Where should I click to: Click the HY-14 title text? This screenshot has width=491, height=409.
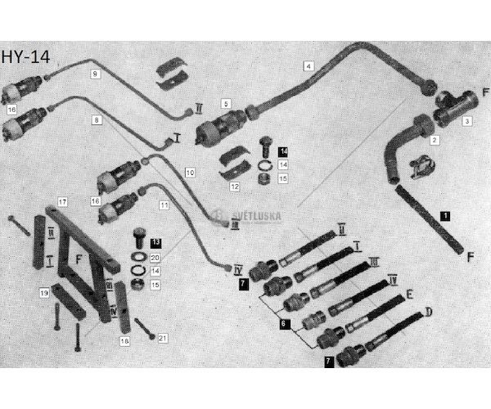pos(24,58)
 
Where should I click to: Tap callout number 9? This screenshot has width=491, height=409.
pos(95,74)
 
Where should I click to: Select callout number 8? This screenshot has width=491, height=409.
pos(97,119)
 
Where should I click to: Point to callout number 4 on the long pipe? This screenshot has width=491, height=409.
pos(309,65)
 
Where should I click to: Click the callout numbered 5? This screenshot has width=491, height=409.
pos(227,104)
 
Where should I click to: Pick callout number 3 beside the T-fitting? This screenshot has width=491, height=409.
pos(466,121)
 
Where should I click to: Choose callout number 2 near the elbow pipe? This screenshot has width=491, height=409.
pos(435,141)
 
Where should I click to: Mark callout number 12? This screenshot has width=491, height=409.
pos(235,187)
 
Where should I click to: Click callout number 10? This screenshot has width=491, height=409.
pos(190,173)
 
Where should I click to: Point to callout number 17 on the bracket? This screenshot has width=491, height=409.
pos(62,201)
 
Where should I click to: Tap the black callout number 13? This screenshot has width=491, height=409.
pos(155,243)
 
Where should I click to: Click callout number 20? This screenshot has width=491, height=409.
pos(155,257)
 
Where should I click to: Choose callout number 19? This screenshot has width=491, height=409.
pos(45,291)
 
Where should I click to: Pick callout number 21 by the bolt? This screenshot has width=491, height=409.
pos(162,338)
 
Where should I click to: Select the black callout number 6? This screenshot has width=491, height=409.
pos(284,324)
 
